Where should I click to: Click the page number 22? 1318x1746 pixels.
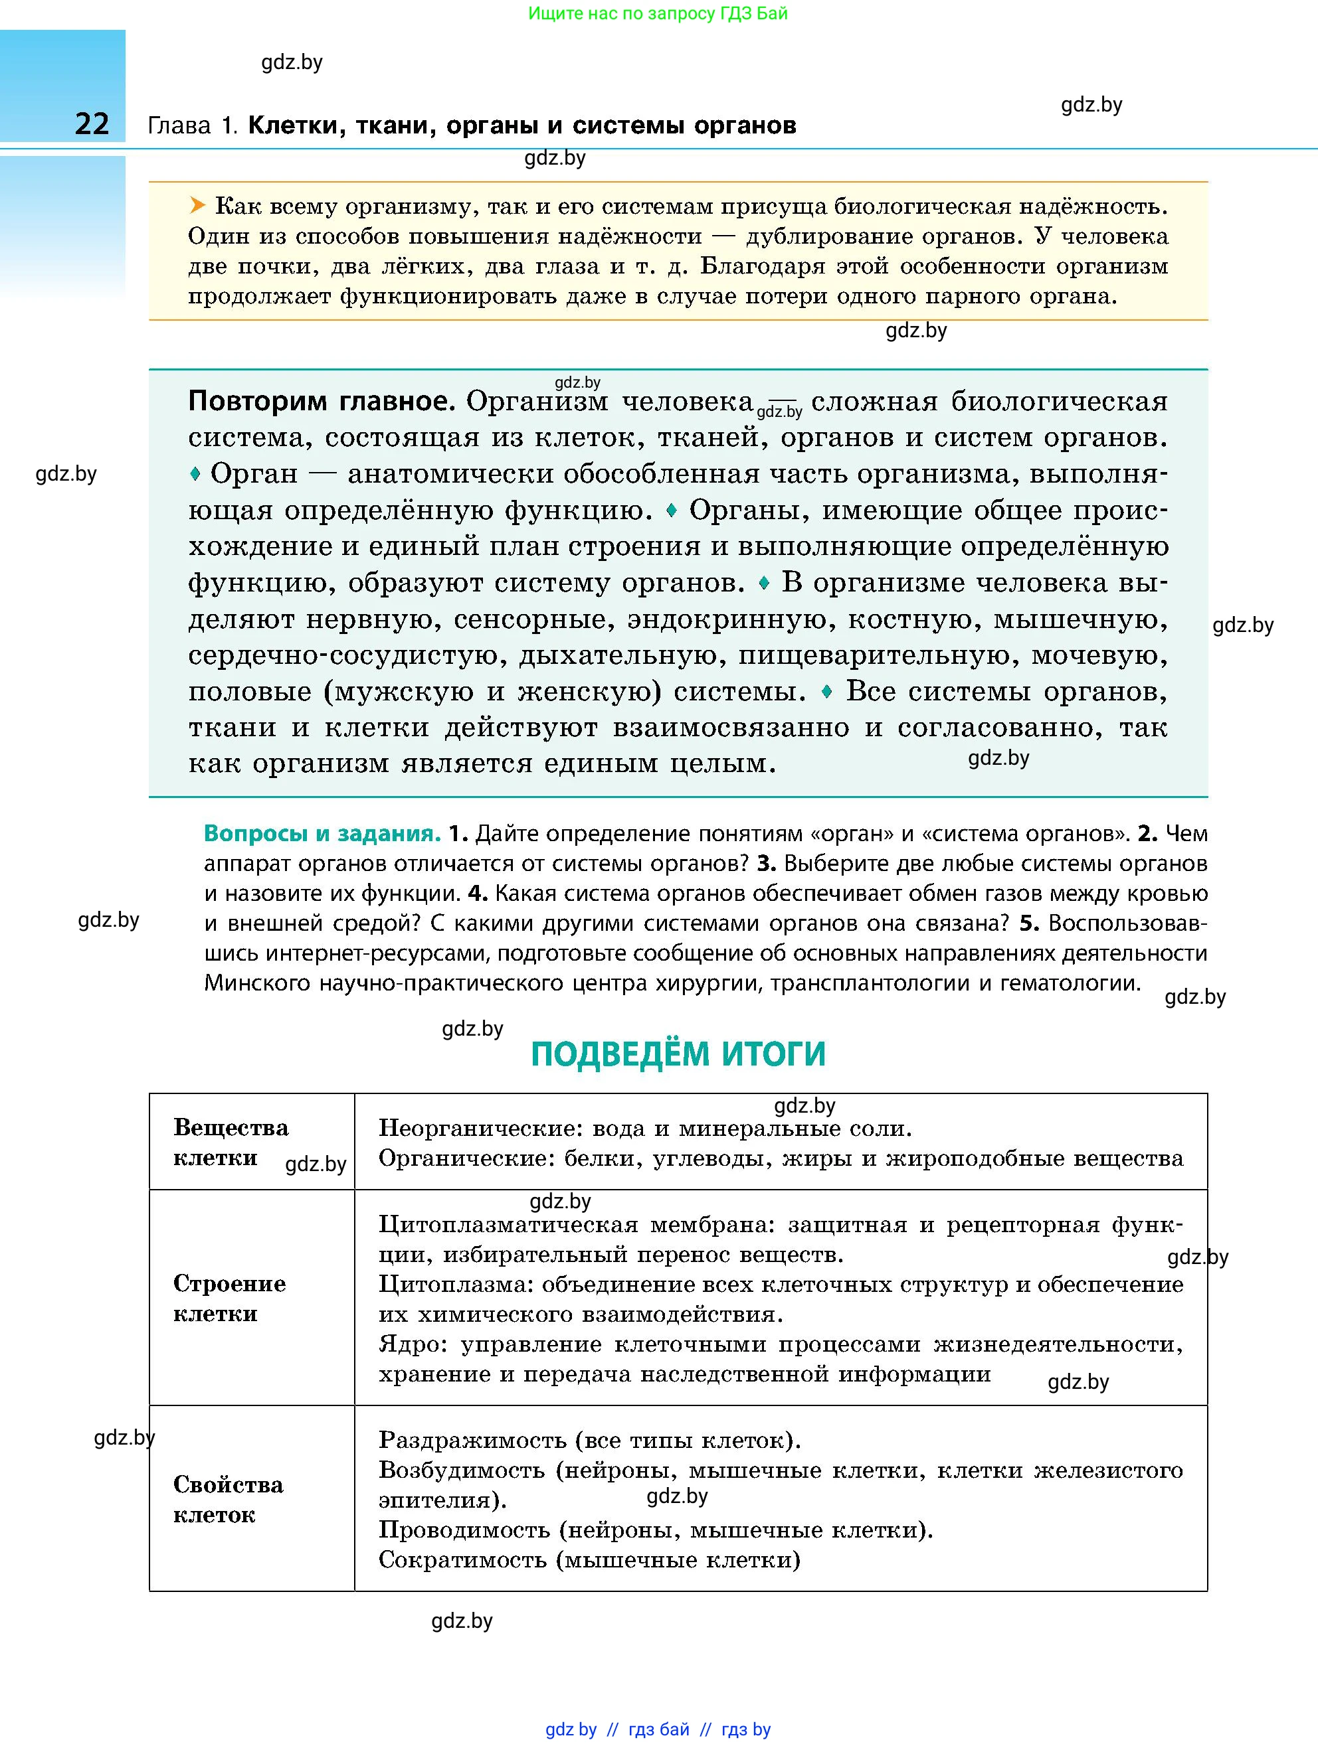click(92, 124)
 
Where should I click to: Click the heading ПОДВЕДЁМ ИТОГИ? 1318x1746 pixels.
click(678, 1054)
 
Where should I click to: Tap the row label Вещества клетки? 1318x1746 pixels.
click(230, 1142)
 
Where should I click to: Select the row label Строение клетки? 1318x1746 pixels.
click(229, 1298)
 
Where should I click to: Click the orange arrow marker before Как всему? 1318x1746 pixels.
click(197, 206)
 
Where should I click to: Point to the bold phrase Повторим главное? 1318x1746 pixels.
click(322, 401)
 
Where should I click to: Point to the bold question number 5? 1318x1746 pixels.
click(1026, 923)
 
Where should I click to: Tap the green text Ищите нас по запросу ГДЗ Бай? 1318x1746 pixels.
click(657, 13)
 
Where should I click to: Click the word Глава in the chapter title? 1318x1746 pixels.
click(179, 125)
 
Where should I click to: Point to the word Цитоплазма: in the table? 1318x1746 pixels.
click(455, 1284)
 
